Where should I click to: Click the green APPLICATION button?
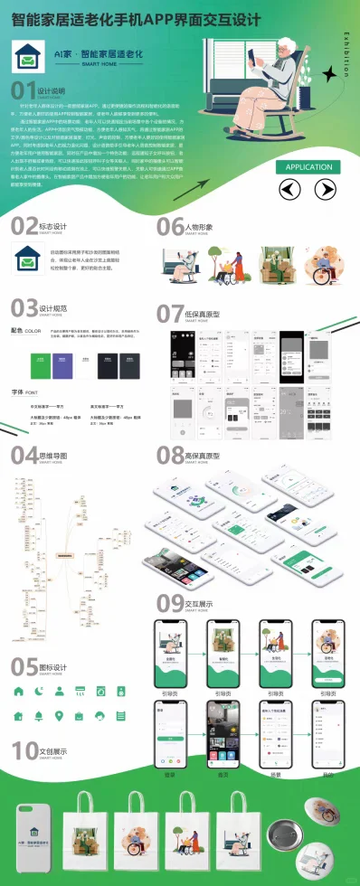click(310, 166)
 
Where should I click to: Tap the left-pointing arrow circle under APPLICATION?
click(289, 189)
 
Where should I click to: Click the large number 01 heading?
click(23, 91)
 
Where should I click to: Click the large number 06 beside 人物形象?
click(169, 227)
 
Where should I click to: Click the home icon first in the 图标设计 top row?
click(19, 692)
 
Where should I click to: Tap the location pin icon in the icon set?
click(60, 716)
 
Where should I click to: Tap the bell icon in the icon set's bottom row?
click(39, 716)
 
